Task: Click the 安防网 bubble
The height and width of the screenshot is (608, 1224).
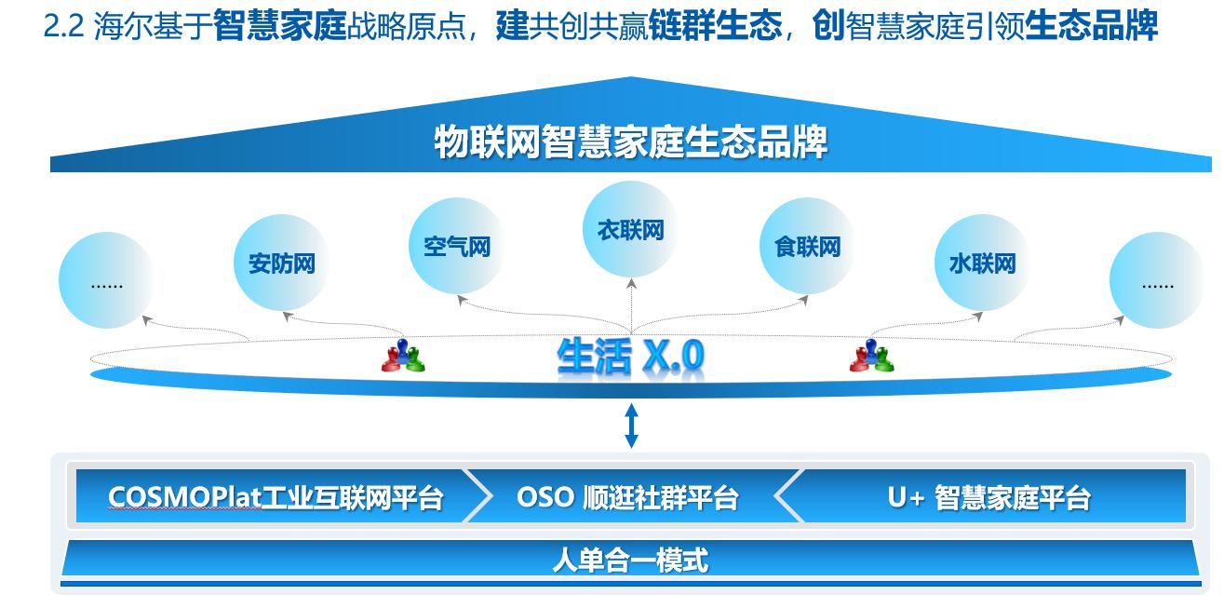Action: pyautogui.click(x=281, y=263)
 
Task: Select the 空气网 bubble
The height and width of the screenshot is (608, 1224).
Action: pyautogui.click(x=456, y=246)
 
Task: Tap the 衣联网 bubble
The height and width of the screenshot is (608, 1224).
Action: pyautogui.click(x=631, y=229)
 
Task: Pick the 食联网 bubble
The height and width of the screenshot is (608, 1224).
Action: pyautogui.click(x=807, y=246)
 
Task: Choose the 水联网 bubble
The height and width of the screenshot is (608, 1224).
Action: pyautogui.click(x=982, y=263)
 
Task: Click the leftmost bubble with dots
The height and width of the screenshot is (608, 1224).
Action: pyautogui.click(x=106, y=280)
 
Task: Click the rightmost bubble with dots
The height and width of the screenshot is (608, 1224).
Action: pyautogui.click(x=1157, y=280)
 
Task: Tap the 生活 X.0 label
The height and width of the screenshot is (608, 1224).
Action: pyautogui.click(x=630, y=357)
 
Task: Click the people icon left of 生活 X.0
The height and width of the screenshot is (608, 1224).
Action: pyautogui.click(x=403, y=356)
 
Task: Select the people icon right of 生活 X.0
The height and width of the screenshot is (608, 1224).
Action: pyautogui.click(x=871, y=356)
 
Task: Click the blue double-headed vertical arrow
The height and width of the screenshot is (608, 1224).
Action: pyautogui.click(x=631, y=426)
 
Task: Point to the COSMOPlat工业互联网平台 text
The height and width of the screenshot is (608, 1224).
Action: pyautogui.click(x=275, y=497)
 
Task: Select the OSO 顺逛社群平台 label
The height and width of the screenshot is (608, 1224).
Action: pyautogui.click(x=627, y=497)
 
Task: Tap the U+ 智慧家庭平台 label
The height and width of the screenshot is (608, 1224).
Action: pyautogui.click(x=989, y=497)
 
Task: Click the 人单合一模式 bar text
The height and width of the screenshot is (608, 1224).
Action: pyautogui.click(x=630, y=560)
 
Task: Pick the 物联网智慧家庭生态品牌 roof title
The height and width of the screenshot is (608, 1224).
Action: pyautogui.click(x=630, y=142)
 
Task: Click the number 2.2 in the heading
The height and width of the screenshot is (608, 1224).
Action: pyautogui.click(x=64, y=26)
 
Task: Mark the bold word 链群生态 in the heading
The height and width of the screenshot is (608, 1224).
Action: pyautogui.click(x=715, y=26)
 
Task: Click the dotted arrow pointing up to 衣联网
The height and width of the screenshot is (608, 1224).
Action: pyautogui.click(x=631, y=305)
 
